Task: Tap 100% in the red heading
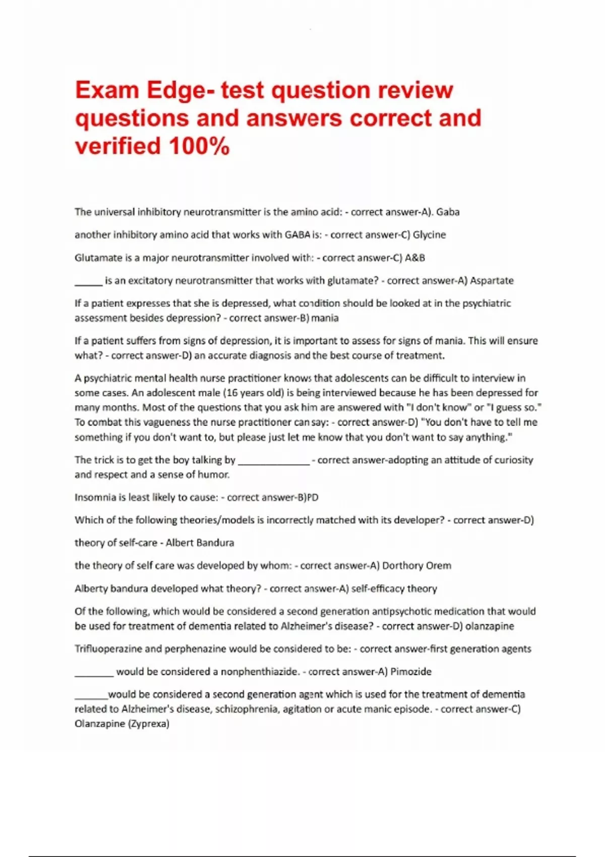(200, 146)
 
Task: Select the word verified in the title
(118, 146)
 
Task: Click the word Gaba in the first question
(448, 212)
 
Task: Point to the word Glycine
(429, 234)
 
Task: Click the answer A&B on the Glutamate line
(415, 258)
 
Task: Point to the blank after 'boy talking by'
(273, 463)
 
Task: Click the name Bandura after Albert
(215, 543)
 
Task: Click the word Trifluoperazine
(108, 649)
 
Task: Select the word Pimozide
(411, 671)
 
